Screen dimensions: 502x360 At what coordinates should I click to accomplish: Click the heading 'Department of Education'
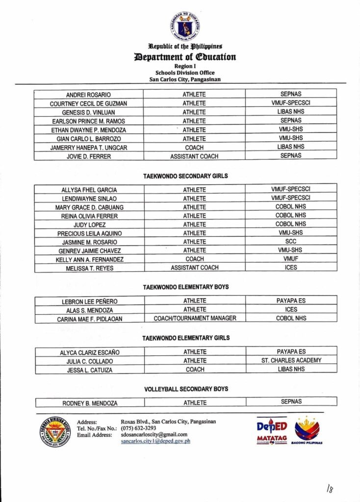click(185, 57)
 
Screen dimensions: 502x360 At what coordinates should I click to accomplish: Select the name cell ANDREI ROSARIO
click(88, 95)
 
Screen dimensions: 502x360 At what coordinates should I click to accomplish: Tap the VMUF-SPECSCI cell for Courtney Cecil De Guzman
click(291, 103)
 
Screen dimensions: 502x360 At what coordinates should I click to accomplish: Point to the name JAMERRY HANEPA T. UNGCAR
click(88, 147)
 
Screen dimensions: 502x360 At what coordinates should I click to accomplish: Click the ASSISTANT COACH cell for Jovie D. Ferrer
click(194, 156)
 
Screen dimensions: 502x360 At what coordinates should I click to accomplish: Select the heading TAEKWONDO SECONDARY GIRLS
click(185, 176)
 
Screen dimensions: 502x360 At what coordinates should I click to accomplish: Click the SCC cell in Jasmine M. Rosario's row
click(291, 242)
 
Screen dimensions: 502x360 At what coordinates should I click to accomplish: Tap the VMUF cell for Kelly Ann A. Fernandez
click(291, 259)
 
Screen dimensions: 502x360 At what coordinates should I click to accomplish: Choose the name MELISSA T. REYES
click(89, 268)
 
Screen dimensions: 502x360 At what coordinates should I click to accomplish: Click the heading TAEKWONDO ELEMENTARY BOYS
click(185, 287)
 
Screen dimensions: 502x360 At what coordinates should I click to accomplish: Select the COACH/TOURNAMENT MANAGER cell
click(195, 318)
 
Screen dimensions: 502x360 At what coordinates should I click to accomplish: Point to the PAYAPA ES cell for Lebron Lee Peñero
click(291, 301)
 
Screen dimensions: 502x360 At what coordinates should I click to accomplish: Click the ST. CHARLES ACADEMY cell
click(291, 360)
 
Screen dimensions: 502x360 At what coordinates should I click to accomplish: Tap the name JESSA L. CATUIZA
click(90, 370)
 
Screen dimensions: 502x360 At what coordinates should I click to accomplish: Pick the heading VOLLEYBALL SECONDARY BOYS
click(186, 389)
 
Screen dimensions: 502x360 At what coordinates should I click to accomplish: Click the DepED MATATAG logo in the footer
click(272, 430)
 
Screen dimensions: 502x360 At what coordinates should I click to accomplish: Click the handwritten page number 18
click(330, 488)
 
